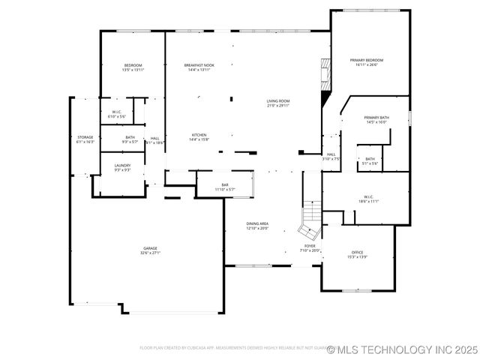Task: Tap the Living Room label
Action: pos(278,103)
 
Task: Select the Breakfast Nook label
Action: pos(199,67)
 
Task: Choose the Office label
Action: pos(357,254)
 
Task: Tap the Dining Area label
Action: pos(258,226)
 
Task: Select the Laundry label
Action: pos(122,167)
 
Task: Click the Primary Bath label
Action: pos(376,119)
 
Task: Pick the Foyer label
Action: pos(310,247)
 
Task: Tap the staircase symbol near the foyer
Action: pos(310,214)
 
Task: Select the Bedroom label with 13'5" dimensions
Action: pos(133,67)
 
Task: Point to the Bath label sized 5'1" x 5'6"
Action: pos(370,160)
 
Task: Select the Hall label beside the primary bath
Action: pos(331,156)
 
